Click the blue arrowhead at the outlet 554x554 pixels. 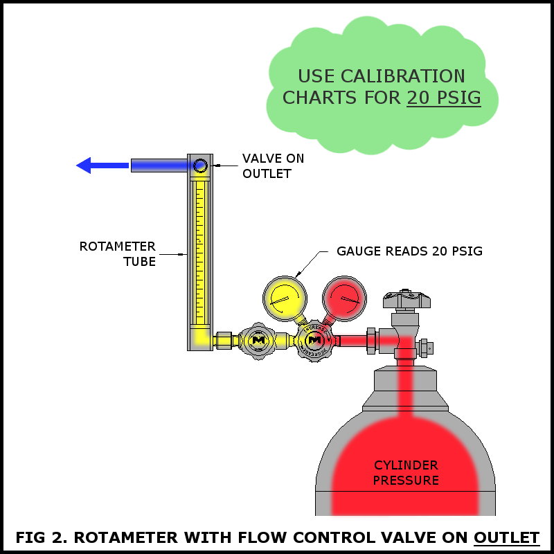(84, 166)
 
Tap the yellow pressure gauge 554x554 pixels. (285, 298)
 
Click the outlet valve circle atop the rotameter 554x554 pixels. (200, 166)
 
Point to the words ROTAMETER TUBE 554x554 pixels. (118, 253)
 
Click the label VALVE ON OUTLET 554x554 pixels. (273, 166)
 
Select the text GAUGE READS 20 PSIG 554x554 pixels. (409, 251)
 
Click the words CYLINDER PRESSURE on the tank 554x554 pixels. (406, 472)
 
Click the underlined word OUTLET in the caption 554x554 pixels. (506, 537)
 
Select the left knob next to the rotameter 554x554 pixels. (258, 340)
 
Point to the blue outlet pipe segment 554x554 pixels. (159, 166)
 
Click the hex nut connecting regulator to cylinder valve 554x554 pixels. (371, 340)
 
